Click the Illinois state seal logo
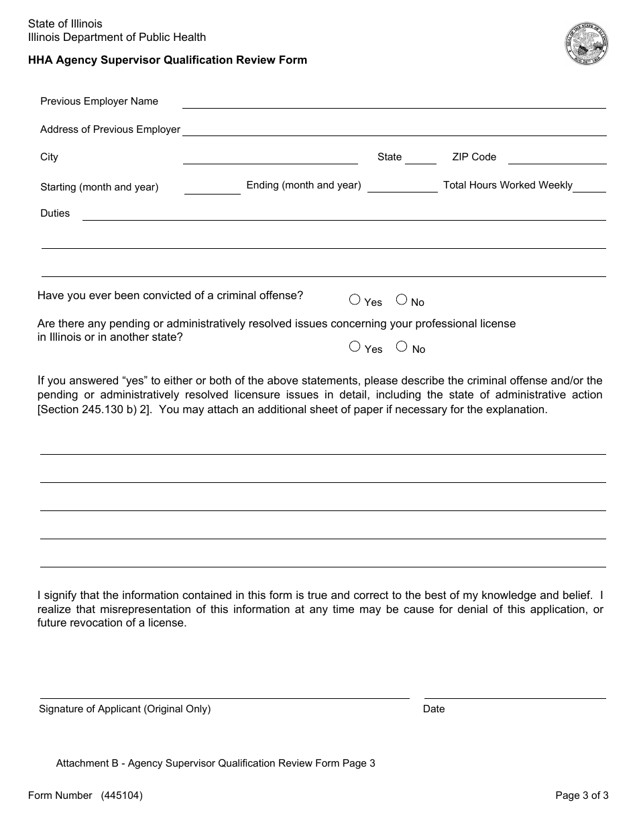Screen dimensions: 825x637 point(587,44)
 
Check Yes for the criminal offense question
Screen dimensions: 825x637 point(355,300)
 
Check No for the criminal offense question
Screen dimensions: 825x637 point(402,300)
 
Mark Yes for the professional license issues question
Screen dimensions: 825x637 point(355,347)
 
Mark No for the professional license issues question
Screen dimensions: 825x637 point(402,347)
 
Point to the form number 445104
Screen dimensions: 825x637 point(121,795)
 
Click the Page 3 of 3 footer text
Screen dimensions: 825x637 point(581,795)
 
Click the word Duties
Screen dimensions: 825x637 point(55,213)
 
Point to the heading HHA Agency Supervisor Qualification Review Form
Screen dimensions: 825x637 point(168,60)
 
